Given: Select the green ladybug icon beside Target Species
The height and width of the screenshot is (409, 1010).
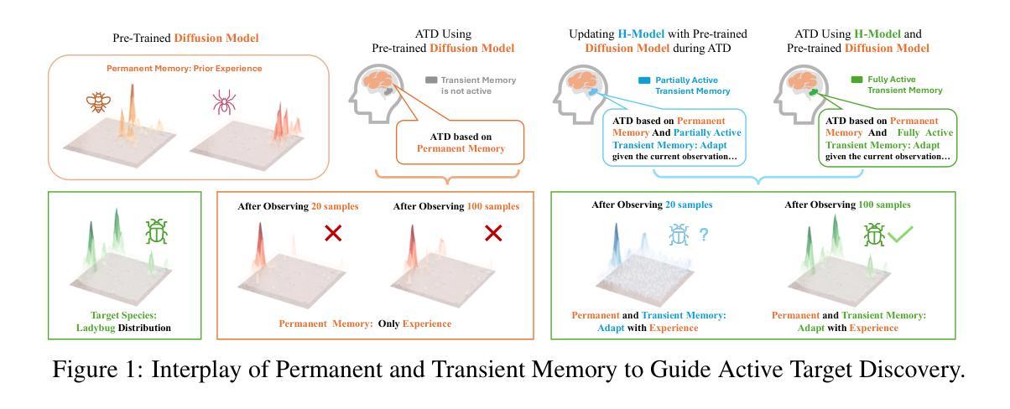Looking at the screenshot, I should (x=157, y=231).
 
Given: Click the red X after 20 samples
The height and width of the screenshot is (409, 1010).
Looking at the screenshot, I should (x=333, y=233).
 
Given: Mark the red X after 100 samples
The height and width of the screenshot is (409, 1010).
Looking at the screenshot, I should (x=493, y=233).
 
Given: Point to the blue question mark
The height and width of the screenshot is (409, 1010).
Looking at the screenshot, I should (x=704, y=236).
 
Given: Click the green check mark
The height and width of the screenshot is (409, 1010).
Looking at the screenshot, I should (x=900, y=236).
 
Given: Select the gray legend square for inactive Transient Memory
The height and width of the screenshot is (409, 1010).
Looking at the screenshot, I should (x=431, y=80).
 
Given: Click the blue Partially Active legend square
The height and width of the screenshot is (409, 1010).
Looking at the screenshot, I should (x=644, y=80).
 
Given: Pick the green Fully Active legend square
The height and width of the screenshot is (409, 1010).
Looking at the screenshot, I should (x=856, y=80).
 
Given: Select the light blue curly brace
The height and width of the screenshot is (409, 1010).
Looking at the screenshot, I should (x=759, y=179).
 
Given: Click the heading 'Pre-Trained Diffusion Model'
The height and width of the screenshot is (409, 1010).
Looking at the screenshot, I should (x=185, y=38).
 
